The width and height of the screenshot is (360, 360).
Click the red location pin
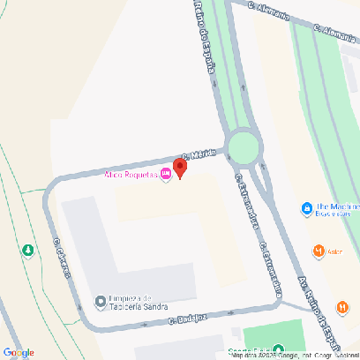point(179,168)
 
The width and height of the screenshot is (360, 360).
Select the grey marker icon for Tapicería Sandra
point(100,302)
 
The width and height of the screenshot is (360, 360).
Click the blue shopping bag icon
point(305,210)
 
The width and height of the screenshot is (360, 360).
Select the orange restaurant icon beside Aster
point(319,251)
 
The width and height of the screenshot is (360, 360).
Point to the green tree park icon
point(28,251)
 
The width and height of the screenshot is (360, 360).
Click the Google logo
point(19,352)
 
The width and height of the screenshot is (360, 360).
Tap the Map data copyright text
point(291,355)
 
